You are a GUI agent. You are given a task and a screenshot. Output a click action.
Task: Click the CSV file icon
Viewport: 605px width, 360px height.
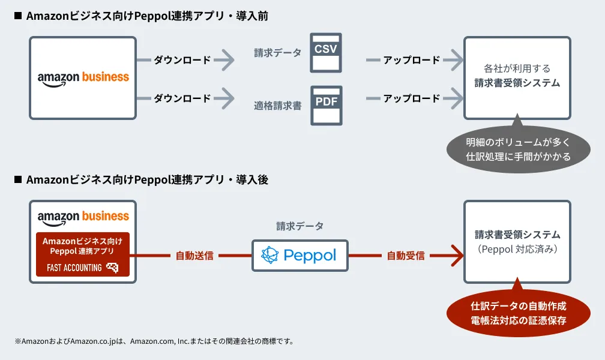coord(326,53)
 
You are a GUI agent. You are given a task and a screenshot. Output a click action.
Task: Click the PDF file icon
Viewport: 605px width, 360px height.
coord(326,105)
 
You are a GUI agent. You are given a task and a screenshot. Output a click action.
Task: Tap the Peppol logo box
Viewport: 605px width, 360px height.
coord(299,256)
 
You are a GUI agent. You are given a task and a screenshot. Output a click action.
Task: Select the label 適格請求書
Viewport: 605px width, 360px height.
coord(277,106)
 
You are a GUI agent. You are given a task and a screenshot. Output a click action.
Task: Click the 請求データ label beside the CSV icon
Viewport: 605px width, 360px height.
coord(277,53)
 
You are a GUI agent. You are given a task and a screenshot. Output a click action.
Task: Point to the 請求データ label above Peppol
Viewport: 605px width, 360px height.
coord(299,226)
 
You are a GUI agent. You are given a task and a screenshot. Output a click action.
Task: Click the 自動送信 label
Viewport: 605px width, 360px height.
coord(194,256)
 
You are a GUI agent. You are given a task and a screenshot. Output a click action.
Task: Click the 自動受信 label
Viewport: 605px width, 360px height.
coord(406,256)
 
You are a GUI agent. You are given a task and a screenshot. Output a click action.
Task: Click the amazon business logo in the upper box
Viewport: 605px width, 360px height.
coord(83,77)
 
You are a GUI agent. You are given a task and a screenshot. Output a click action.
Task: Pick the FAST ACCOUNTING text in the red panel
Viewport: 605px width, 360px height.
coord(74,268)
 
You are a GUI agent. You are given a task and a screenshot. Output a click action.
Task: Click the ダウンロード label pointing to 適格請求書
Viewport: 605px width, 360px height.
coord(182,98)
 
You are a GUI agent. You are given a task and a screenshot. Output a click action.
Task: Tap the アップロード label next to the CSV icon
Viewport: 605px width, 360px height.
coord(412,60)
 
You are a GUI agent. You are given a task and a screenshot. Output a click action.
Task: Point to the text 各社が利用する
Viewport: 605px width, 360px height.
coord(517,68)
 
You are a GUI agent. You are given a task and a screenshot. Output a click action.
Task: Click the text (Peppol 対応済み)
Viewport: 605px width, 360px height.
coord(517,248)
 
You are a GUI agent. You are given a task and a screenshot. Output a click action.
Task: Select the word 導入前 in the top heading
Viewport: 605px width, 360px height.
coord(254,16)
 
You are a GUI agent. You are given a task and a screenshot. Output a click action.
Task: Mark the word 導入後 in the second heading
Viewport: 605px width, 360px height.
coord(254,179)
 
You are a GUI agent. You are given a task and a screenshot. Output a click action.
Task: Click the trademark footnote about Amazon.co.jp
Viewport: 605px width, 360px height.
coord(154,341)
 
